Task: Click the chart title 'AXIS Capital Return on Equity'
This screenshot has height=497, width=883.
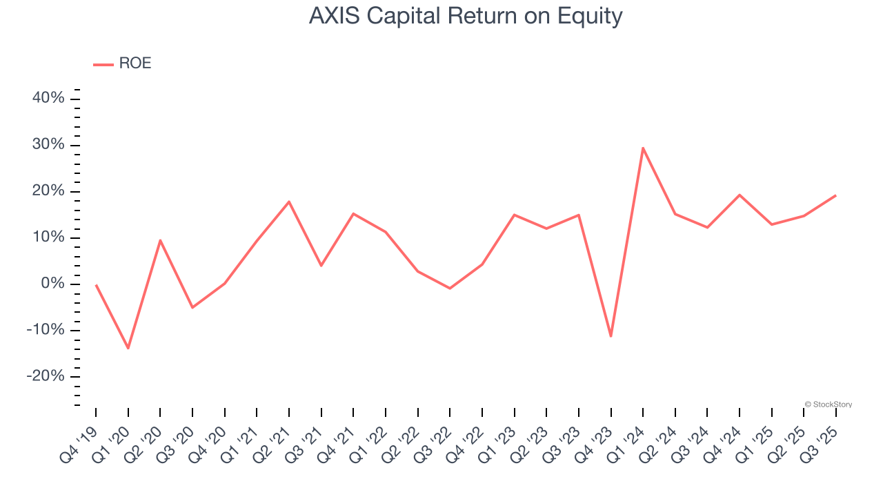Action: point(466,16)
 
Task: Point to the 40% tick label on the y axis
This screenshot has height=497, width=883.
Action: point(48,99)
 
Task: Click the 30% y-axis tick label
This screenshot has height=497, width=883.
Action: point(48,145)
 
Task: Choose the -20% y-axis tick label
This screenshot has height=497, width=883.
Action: point(46,376)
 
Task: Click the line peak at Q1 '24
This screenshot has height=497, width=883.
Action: point(643,148)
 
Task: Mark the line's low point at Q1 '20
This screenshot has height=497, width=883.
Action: point(128,348)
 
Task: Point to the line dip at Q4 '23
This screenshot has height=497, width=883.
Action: point(611,336)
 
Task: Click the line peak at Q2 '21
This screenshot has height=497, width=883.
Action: point(289,202)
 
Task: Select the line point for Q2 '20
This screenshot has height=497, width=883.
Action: point(160,240)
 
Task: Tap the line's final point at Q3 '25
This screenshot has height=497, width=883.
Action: point(835,195)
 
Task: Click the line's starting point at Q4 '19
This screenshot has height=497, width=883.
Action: point(96,284)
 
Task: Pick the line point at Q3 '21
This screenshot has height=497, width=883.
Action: point(321,265)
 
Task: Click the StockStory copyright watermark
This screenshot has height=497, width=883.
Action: point(829,405)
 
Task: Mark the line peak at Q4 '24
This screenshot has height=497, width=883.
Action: point(740,195)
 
